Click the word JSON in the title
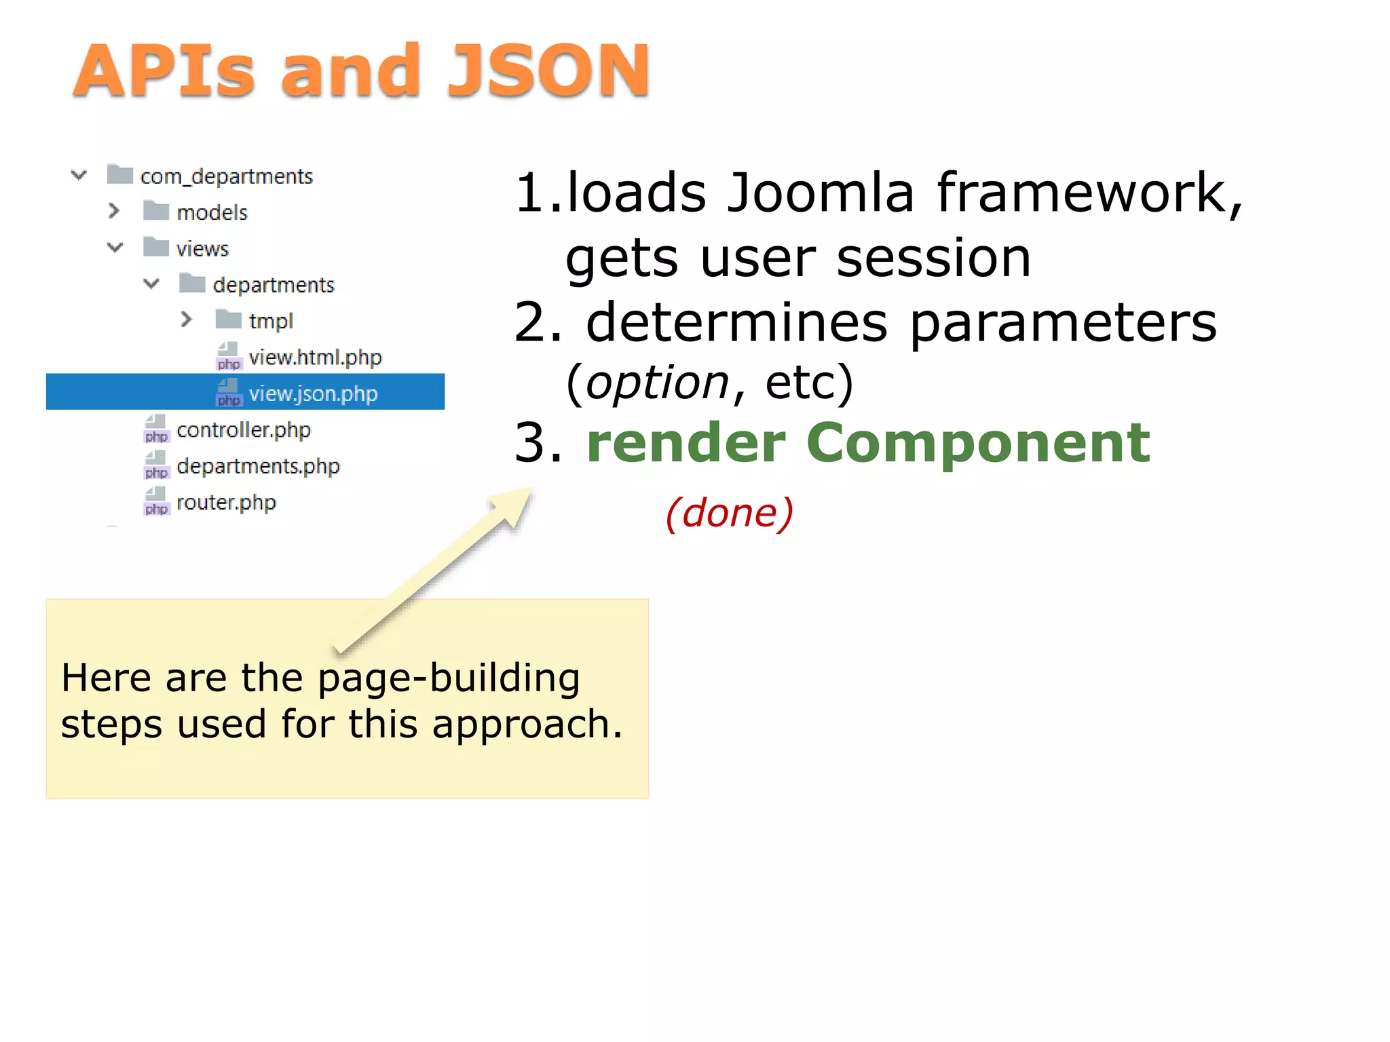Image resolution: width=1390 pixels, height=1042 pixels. pyautogui.click(x=548, y=71)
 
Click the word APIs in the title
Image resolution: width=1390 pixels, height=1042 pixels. pyautogui.click(x=164, y=71)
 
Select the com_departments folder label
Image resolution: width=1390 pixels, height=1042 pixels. pyautogui.click(x=226, y=176)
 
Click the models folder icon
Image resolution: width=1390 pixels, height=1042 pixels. pyautogui.click(x=156, y=211)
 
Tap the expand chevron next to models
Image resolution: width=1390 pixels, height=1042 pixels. pyautogui.click(x=114, y=211)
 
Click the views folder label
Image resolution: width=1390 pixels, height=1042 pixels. pyautogui.click(x=202, y=248)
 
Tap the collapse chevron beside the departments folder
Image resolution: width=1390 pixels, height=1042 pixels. pyautogui.click(x=151, y=284)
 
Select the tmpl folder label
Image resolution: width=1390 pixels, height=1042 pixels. pyautogui.click(x=271, y=320)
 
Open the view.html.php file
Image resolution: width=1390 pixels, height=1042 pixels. pyautogui.click(x=315, y=357)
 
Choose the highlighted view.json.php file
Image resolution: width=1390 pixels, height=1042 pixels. pyautogui.click(x=313, y=393)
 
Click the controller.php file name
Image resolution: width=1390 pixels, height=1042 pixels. pyautogui.click(x=243, y=429)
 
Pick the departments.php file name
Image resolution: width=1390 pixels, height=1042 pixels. pyautogui.click(x=258, y=466)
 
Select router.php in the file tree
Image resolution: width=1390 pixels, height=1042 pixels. pyautogui.click(x=226, y=503)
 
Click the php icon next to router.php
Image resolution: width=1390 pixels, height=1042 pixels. pyautogui.click(x=156, y=502)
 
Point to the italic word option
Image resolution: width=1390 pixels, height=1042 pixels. pyautogui.click(x=657, y=383)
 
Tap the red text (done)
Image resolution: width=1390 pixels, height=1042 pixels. pyautogui.click(x=729, y=513)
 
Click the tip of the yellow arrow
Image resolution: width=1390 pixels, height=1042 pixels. pyautogui.click(x=528, y=490)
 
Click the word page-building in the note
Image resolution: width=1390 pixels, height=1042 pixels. pyautogui.click(x=448, y=678)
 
